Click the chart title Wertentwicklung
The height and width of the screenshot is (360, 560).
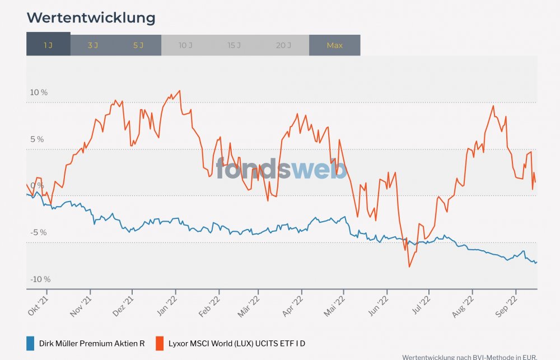[x=91, y=18]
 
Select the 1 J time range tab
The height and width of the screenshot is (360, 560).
[x=48, y=45]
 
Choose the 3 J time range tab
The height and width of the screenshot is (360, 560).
[x=93, y=45]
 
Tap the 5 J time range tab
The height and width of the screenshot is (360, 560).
[x=138, y=45]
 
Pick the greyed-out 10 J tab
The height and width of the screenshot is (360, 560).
[x=186, y=45]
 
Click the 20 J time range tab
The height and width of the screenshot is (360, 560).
[x=283, y=45]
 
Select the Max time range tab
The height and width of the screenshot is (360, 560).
[x=334, y=45]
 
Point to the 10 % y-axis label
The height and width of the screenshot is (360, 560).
[x=39, y=92]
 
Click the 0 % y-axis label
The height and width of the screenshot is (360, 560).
[x=37, y=185]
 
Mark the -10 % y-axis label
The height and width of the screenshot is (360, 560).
[x=40, y=279]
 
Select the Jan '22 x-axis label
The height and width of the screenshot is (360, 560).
[x=169, y=306]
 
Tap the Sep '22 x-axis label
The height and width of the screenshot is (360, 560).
[x=508, y=306]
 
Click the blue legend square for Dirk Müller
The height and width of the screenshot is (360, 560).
[x=31, y=343]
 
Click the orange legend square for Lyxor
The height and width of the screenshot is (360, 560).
[x=160, y=343]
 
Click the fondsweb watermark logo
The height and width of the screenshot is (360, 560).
[x=282, y=168]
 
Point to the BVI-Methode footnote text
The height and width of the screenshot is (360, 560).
[x=469, y=357]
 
